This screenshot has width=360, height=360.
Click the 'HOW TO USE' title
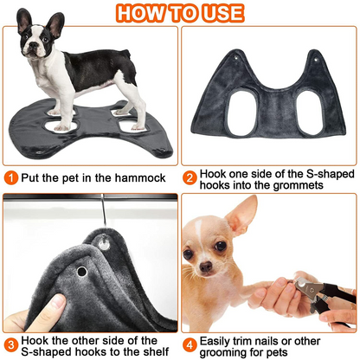[180, 13]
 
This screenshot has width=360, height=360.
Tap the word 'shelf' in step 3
[141, 352]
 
